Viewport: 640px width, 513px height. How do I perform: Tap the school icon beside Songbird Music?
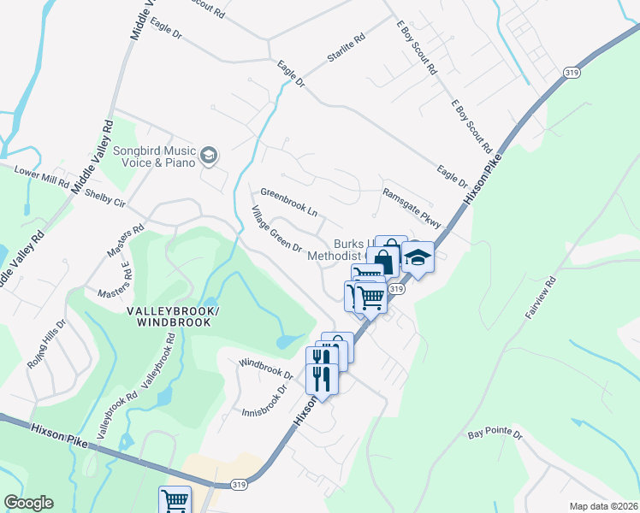pyautogui.click(x=209, y=155)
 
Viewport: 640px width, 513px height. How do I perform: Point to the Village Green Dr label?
pyautogui.click(x=276, y=229)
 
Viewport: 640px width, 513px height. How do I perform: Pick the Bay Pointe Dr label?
pyautogui.click(x=495, y=435)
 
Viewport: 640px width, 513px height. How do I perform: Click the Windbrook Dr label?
pyautogui.click(x=266, y=369)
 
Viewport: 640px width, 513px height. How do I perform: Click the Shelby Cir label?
pyautogui.click(x=105, y=198)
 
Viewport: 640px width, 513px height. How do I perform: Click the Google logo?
pyautogui.click(x=28, y=503)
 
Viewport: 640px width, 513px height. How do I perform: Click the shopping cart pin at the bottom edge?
pyautogui.click(x=175, y=499)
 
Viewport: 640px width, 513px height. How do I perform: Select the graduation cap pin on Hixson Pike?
pyautogui.click(x=418, y=256)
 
